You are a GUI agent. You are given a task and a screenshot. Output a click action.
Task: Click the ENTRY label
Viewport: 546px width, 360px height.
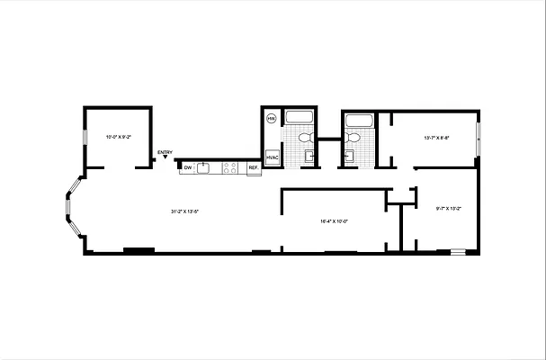coord(165,152)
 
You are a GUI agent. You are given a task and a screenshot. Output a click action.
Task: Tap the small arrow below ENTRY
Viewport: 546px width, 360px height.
coord(165,158)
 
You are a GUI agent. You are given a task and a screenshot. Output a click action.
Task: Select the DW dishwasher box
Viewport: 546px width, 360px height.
coord(188,167)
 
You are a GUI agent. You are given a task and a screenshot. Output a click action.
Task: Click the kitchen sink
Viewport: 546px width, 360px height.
coord(204,167)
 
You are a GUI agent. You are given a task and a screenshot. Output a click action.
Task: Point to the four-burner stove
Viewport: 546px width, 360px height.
coord(229,167)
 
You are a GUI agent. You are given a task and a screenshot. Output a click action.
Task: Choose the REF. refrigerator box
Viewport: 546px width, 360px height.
coord(253,168)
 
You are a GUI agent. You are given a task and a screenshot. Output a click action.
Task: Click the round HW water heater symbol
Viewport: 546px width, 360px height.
coord(271,118)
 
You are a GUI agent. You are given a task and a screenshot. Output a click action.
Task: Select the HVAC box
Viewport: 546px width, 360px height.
coord(273,157)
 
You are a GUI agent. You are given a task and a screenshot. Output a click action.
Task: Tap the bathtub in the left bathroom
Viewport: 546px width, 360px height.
coord(298,118)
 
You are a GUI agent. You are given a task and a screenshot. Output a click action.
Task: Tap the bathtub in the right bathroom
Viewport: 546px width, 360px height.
coord(360,120)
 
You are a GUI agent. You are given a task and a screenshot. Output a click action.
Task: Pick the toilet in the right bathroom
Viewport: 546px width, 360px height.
coord(352,138)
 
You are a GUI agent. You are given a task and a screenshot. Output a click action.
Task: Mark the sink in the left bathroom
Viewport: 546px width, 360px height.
coord(309,157)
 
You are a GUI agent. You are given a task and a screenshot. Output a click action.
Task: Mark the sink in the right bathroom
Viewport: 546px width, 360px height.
coord(347,157)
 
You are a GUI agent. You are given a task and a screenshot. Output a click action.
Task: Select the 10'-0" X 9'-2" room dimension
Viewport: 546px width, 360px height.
coord(119,137)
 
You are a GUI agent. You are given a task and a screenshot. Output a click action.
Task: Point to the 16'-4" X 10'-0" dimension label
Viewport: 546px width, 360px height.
coord(334,221)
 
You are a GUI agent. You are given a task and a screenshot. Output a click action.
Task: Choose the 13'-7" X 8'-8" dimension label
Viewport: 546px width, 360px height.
coord(437,138)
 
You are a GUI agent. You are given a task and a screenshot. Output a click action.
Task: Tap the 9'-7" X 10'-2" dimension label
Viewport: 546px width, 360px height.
coord(448,209)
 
